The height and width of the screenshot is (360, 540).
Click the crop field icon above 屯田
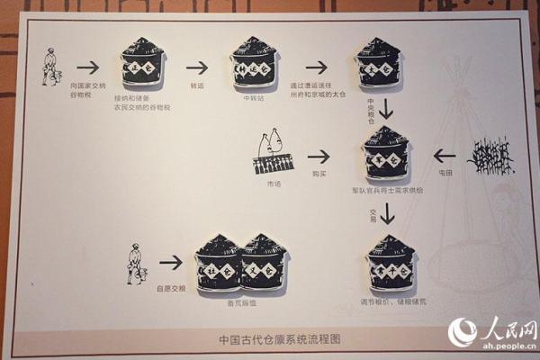tap(490, 155)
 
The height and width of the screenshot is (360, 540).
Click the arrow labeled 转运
tap(197, 67)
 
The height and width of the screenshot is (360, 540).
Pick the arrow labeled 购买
tap(318, 156)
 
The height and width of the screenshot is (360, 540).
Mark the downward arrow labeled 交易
tap(387, 213)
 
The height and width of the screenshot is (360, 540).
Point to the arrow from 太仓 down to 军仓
tap(387, 109)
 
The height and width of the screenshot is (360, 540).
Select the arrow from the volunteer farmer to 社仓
tap(171, 262)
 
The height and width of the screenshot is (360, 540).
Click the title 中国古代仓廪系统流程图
tap(270, 339)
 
